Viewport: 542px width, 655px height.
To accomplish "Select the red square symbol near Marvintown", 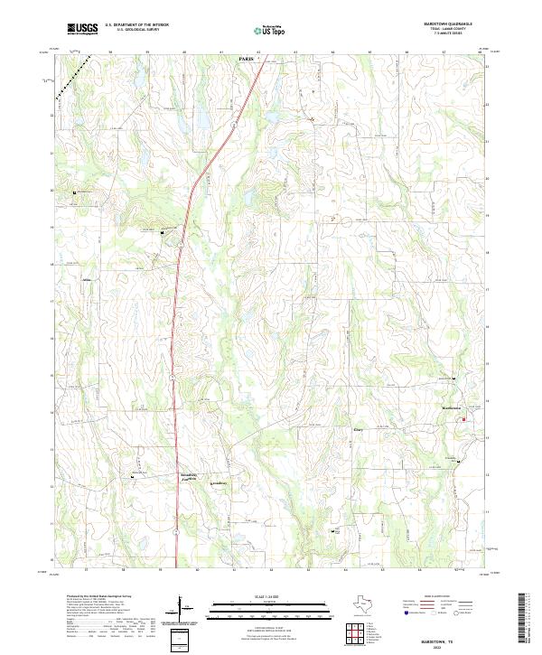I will [x=464, y=419].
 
